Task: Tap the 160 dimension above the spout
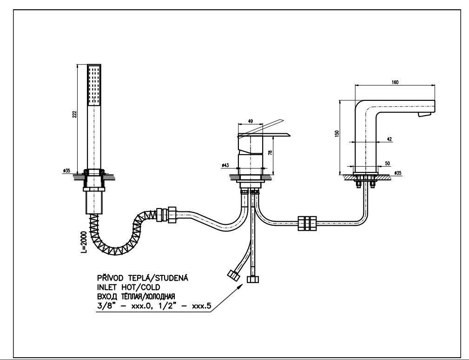tap(395, 82)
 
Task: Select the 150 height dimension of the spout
tap(337, 134)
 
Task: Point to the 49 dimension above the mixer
tap(251, 121)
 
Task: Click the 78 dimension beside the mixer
tap(270, 149)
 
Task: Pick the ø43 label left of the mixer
tap(225, 165)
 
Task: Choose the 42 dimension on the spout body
tap(389, 138)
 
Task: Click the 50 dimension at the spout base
tap(387, 164)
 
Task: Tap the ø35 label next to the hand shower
tap(66, 171)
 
